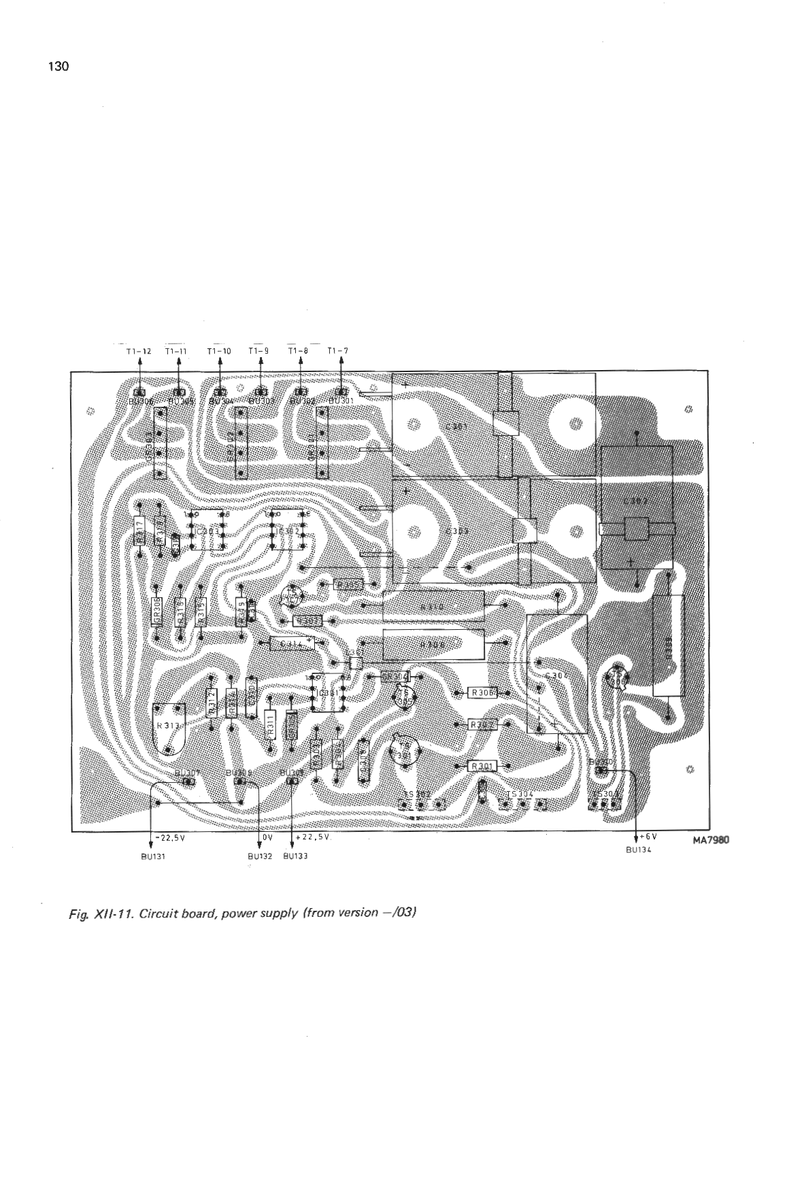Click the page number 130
pyautogui.click(x=58, y=67)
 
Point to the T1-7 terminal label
pyautogui.click(x=337, y=351)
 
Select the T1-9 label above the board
pyautogui.click(x=258, y=351)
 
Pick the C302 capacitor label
pyautogui.click(x=635, y=502)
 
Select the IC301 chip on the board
pyautogui.click(x=327, y=693)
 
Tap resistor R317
pyautogui.click(x=140, y=531)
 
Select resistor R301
pyautogui.click(x=482, y=767)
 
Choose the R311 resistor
pyautogui.click(x=269, y=726)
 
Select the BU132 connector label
pyautogui.click(x=260, y=856)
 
